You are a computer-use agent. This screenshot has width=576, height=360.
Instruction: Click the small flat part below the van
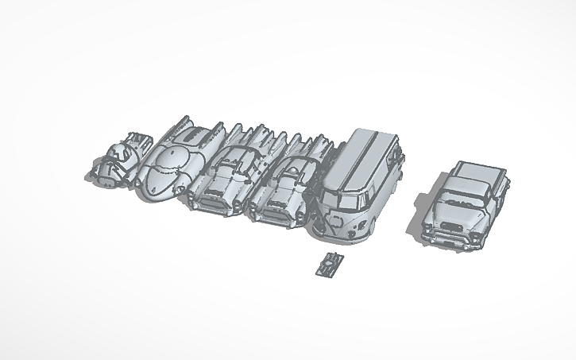(x=329, y=264)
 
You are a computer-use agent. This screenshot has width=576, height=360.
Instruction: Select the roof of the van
(x=369, y=151)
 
